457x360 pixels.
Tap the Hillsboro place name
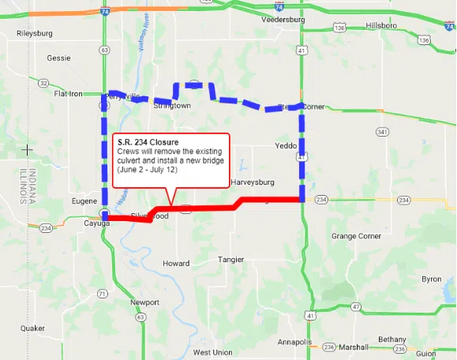coord(382,26)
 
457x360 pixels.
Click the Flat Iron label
coord(68,93)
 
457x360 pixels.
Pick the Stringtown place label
coord(171,105)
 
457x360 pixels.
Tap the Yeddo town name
coord(284,145)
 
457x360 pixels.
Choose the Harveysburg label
coord(253,182)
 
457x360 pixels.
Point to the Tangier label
coord(231,259)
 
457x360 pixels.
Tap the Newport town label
coord(144,302)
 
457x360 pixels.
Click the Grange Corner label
coord(356,236)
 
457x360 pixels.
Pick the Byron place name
coord(431,279)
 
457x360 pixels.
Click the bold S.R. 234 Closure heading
coord(148,141)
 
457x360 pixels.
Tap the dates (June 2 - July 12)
coord(150,170)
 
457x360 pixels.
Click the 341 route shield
coord(382,132)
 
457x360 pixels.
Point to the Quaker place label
coord(32,328)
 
